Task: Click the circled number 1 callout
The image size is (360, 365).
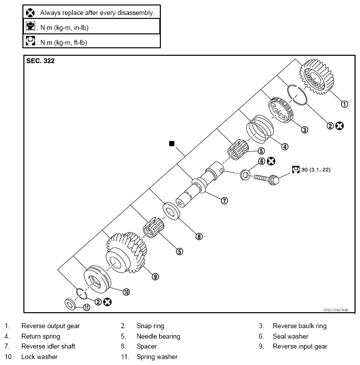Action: (344, 104)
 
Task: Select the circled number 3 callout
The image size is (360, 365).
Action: (305, 129)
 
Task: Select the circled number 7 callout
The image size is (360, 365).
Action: (225, 201)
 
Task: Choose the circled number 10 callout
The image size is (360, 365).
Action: (126, 292)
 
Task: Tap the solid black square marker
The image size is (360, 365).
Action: (172, 143)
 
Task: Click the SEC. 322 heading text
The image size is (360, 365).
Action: (40, 61)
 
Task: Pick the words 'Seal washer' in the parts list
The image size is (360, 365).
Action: (290, 336)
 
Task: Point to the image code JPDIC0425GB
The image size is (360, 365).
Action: (338, 309)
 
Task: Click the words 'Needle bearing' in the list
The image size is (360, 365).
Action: (158, 336)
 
